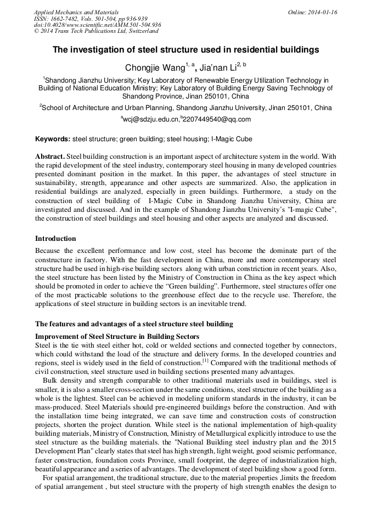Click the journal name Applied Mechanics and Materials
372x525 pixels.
pyautogui.click(x=76, y=11)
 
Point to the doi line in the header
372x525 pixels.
pyautogui.click(x=97, y=25)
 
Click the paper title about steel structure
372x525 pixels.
pyautogui.click(x=185, y=50)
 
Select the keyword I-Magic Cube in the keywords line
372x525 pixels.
pyautogui.click(x=232, y=139)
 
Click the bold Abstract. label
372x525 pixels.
pyautogui.click(x=50, y=157)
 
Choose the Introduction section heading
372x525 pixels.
pyautogui.click(x=55, y=239)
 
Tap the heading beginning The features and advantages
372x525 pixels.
pyautogui.click(x=134, y=324)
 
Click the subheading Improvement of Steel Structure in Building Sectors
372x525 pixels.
pyautogui.click(x=117, y=336)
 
